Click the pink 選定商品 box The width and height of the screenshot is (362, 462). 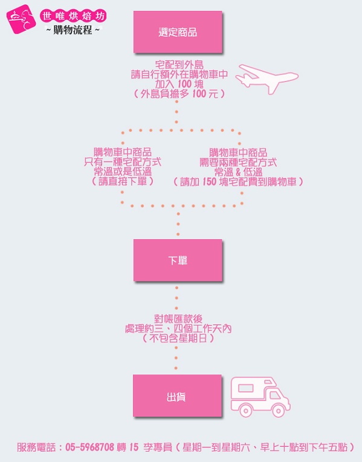[x=178, y=32]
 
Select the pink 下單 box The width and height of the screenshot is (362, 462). [x=178, y=260]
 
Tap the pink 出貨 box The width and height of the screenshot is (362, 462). [x=177, y=396]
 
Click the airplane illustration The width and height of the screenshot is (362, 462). [x=267, y=79]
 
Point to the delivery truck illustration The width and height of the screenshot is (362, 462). [x=260, y=397]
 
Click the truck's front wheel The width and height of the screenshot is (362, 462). [x=278, y=411]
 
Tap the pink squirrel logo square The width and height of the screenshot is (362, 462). [x=21, y=19]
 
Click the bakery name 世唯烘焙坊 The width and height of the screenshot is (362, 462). [x=73, y=16]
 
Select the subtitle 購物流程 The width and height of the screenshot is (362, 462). [x=73, y=30]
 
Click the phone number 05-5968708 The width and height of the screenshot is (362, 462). [x=89, y=448]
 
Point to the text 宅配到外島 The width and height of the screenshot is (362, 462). [x=179, y=65]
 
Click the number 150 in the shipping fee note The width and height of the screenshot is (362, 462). [x=209, y=182]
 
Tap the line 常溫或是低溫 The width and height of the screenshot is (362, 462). [x=123, y=172]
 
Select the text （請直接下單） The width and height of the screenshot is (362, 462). [x=123, y=181]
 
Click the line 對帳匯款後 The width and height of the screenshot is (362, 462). [x=178, y=319]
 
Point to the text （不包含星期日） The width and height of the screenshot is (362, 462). [x=178, y=338]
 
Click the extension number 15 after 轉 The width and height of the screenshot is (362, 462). [x=134, y=448]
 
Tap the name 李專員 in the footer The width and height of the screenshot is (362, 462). [x=158, y=448]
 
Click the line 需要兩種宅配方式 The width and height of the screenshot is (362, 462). [x=238, y=162]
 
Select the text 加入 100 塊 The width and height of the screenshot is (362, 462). [x=179, y=85]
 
